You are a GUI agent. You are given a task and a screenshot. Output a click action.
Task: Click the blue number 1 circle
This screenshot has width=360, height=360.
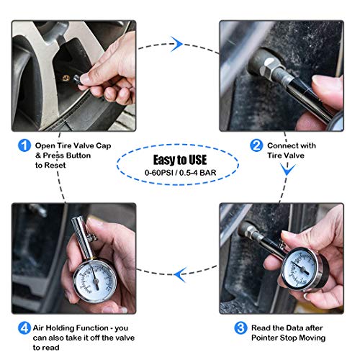coord(24,144)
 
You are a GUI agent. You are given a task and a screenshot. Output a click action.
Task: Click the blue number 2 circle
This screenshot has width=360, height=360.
coord(256,144)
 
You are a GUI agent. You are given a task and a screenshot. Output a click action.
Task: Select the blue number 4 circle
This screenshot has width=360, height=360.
coord(24,328)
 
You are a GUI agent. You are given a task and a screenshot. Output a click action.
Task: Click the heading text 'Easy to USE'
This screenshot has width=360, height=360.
coord(180,160)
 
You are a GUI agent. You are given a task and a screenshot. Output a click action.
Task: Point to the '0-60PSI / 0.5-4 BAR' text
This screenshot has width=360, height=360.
coord(180,175)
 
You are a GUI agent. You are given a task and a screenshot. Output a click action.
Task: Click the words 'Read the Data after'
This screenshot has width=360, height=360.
coord(283,328)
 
